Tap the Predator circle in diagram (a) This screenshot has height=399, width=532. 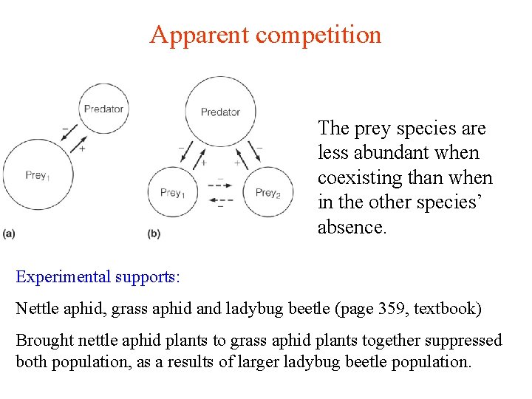pos(103,109)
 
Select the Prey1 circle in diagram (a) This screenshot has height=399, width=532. pos(37,176)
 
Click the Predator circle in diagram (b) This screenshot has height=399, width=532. pos(220,112)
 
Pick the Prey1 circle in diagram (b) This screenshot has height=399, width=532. pos(172,194)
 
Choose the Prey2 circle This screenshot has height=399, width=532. pos(267,194)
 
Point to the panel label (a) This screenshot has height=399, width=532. pos(9,233)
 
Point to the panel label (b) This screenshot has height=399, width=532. pos(154,233)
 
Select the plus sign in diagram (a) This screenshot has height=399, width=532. pos(82,149)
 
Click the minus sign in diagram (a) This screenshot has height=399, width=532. pos(65,129)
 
